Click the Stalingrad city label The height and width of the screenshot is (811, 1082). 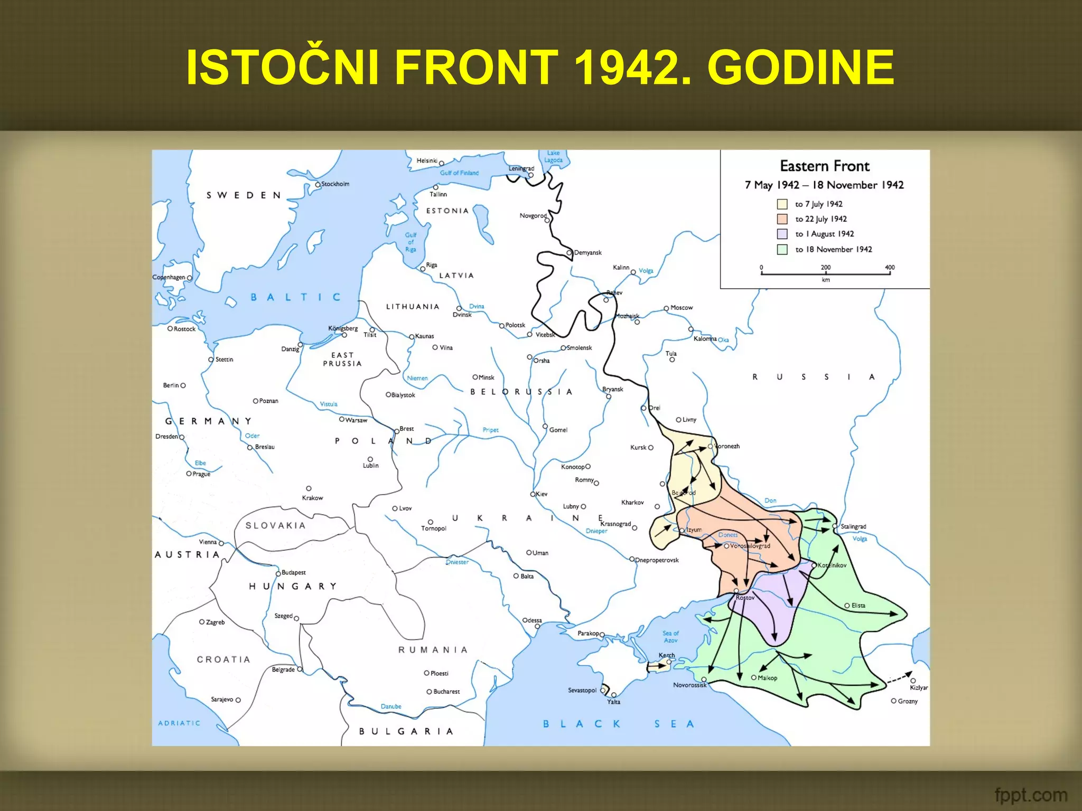pyautogui.click(x=853, y=526)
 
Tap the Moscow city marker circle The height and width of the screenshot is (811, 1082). pyautogui.click(x=666, y=308)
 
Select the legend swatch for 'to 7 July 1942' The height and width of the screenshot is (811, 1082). pyautogui.click(x=782, y=204)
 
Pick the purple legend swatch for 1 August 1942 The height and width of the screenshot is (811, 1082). pyautogui.click(x=782, y=234)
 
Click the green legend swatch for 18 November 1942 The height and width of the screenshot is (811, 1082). pyautogui.click(x=782, y=249)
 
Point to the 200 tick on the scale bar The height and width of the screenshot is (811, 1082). pyautogui.click(x=826, y=273)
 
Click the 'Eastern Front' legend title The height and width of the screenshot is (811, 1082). pyautogui.click(x=824, y=166)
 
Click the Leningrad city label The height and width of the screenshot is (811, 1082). pyautogui.click(x=521, y=168)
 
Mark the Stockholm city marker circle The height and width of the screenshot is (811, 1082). pyautogui.click(x=318, y=185)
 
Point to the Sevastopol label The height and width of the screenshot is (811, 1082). pyautogui.click(x=582, y=690)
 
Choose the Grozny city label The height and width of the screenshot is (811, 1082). pyautogui.click(x=908, y=701)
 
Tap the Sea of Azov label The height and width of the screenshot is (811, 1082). pyautogui.click(x=670, y=637)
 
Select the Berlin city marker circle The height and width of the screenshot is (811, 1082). pyautogui.click(x=183, y=386)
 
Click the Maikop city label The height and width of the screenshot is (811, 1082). pyautogui.click(x=767, y=678)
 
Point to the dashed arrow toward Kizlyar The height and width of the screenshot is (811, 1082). pyautogui.click(x=900, y=677)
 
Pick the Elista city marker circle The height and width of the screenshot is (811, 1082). pyautogui.click(x=847, y=606)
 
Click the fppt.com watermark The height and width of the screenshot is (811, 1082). pyautogui.click(x=1030, y=795)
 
